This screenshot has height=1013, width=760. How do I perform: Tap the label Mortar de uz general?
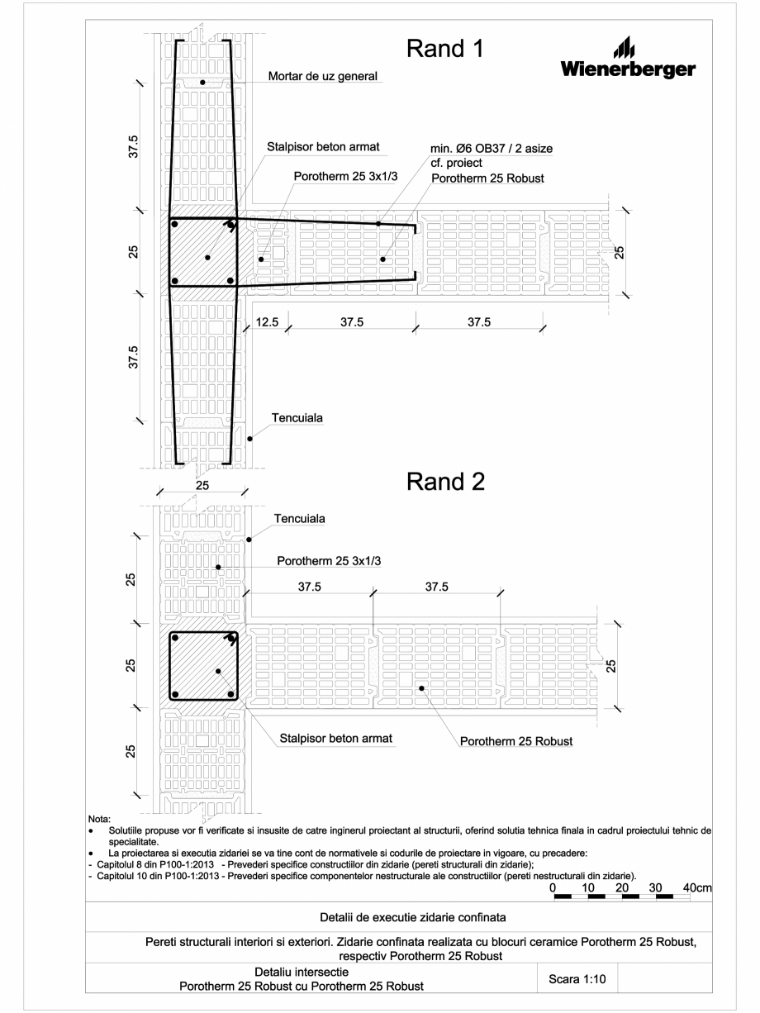pyautogui.click(x=323, y=77)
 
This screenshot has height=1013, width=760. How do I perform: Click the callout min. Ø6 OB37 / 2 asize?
pyautogui.click(x=492, y=148)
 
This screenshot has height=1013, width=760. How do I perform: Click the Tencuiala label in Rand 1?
pyautogui.click(x=297, y=419)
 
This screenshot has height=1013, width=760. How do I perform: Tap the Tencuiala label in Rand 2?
pyautogui.click(x=300, y=519)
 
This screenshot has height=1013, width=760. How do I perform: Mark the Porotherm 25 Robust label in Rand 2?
pyautogui.click(x=515, y=741)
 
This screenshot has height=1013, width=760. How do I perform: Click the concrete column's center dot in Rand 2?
pyautogui.click(x=219, y=671)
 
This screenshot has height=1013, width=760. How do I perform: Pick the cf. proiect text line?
pyautogui.click(x=456, y=163)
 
